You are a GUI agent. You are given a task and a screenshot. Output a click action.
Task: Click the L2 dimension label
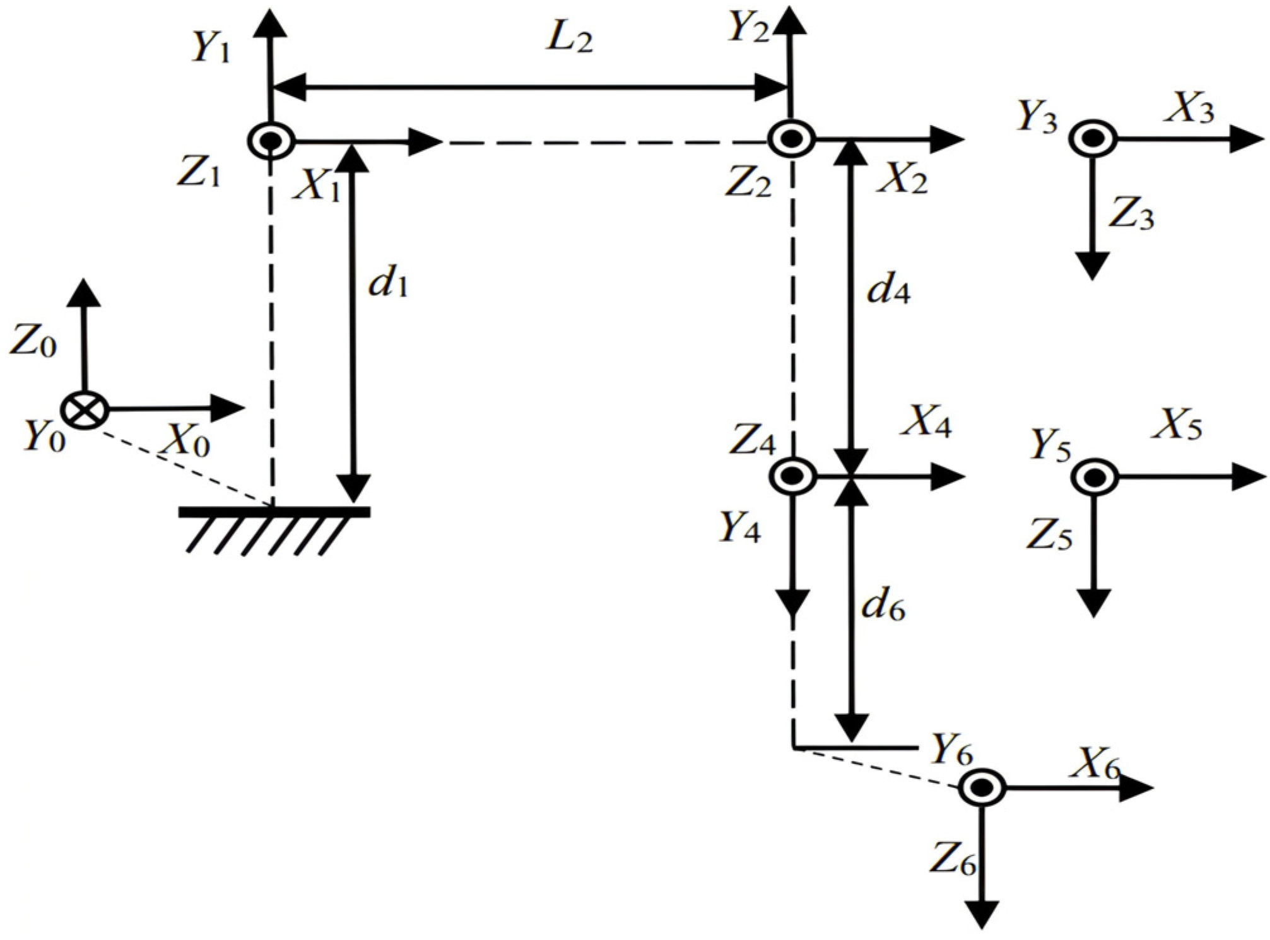coord(569,40)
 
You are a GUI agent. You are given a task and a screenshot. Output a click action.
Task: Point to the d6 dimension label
coord(884,608)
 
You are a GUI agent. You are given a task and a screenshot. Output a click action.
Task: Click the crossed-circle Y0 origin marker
coord(85,410)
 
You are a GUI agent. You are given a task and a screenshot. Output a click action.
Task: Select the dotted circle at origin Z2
coord(791,139)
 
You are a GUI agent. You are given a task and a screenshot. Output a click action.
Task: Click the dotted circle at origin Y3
coord(1093,138)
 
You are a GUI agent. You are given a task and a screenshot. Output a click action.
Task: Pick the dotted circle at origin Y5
coord(1094,478)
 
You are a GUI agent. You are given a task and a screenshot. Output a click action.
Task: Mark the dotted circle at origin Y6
coord(982,787)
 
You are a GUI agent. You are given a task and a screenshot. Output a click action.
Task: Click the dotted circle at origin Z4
coord(792,477)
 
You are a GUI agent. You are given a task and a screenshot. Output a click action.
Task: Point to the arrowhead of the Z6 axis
coord(982,915)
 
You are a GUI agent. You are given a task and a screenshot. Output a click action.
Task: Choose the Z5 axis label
coord(1049,535)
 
